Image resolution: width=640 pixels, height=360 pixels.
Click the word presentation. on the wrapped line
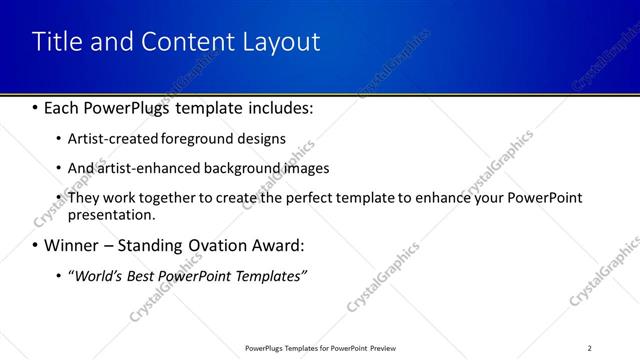pyautogui.click(x=112, y=214)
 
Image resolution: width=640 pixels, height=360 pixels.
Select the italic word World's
pyautogui.click(x=100, y=275)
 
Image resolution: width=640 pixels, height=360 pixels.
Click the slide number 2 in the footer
pyautogui.click(x=589, y=348)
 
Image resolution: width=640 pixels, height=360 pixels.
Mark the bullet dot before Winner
pyautogui.click(x=35, y=245)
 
